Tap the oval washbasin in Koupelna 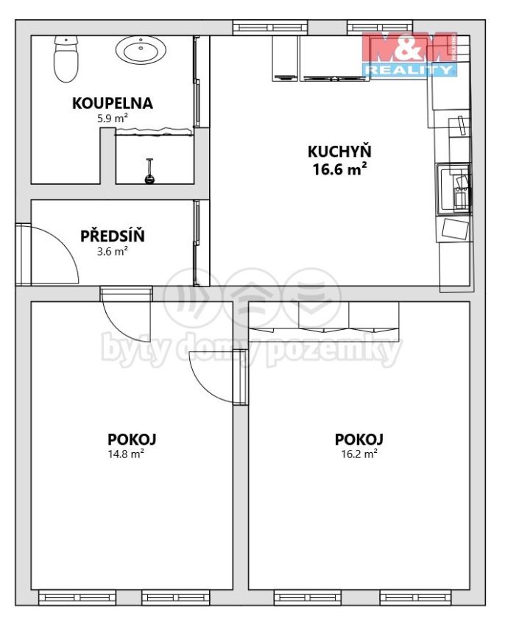click(x=141, y=50)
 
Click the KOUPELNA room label click(x=113, y=103)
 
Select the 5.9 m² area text click(x=113, y=119)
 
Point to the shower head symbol click(x=149, y=172)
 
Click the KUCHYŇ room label click(x=339, y=152)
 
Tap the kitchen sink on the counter click(x=454, y=189)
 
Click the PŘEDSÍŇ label click(x=113, y=236)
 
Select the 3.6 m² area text click(x=113, y=251)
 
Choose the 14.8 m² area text click(x=127, y=454)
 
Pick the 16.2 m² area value click(x=359, y=454)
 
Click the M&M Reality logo click(x=410, y=53)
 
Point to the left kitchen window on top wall click(x=270, y=28)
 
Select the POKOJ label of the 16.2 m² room click(x=359, y=439)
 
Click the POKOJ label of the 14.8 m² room click(x=132, y=439)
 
